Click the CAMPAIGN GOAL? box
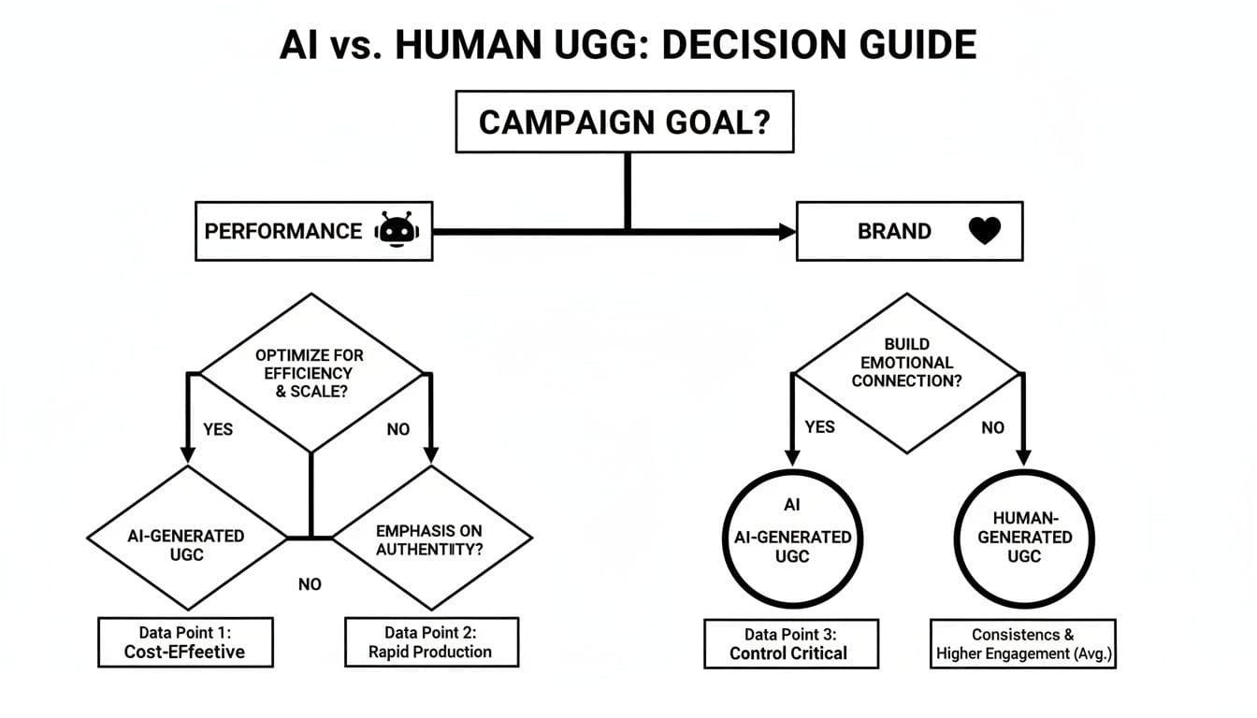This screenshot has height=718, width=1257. tap(624, 122)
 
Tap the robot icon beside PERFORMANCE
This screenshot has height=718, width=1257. tap(397, 231)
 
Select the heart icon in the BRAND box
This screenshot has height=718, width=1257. tap(984, 231)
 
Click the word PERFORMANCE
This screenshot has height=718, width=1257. tap(282, 231)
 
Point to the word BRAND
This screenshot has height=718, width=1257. tap(893, 231)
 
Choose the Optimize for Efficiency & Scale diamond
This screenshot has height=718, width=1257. tap(311, 372)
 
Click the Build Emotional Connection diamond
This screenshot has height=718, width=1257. tap(905, 372)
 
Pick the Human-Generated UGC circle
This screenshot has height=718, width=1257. tap(1025, 538)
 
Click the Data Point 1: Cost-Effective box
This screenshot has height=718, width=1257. tap(185, 641)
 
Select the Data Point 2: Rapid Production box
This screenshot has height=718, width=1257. tap(431, 641)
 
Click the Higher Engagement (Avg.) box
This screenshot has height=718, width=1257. tap(1024, 643)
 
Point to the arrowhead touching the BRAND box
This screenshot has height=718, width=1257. tap(787, 231)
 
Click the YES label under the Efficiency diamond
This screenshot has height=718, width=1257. tap(218, 429)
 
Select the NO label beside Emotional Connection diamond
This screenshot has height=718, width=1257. tap(992, 426)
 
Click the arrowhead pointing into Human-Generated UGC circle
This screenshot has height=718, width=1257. tap(1023, 458)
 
